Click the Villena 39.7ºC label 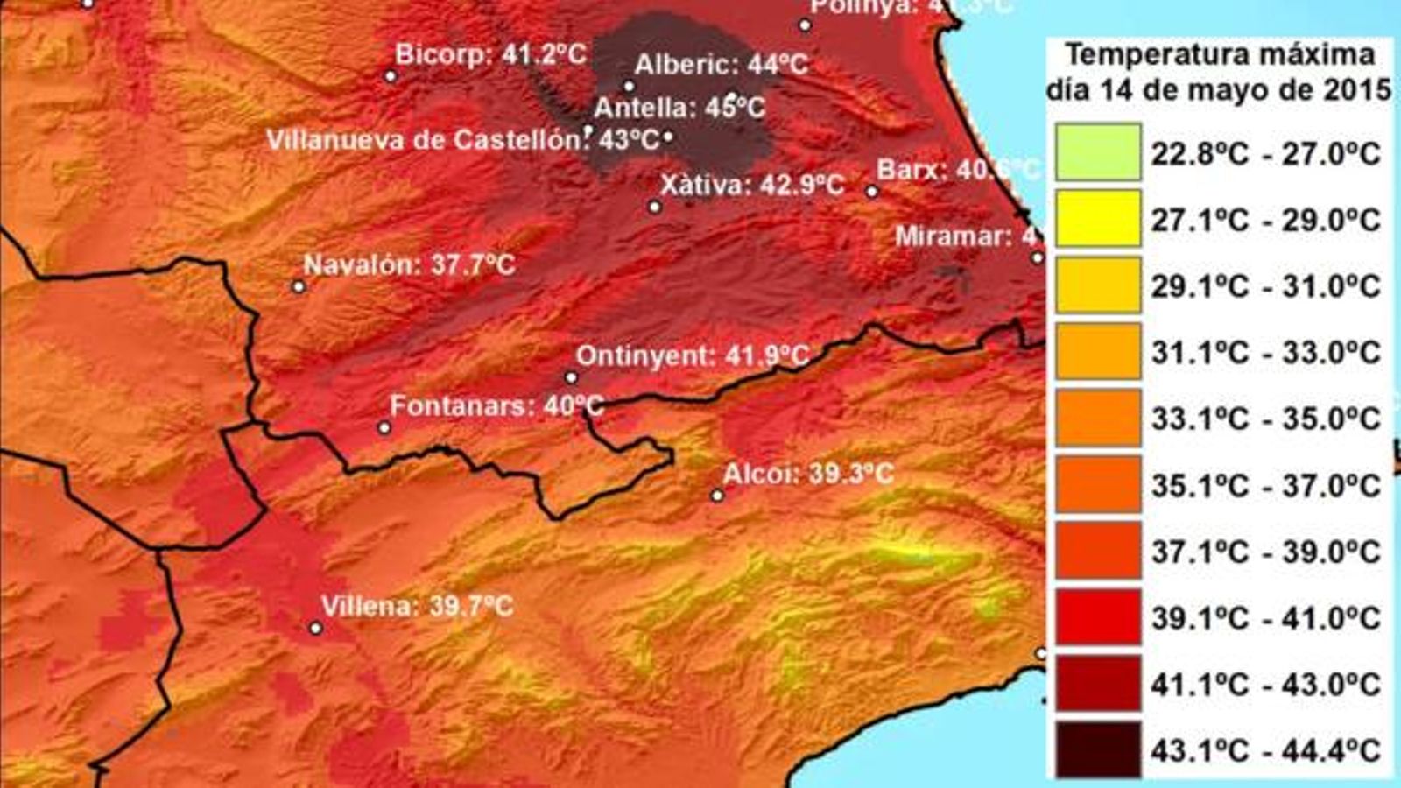coord(417,606)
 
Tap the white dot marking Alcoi coord(717,496)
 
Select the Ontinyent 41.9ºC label coord(692,356)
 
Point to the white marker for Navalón coord(299,286)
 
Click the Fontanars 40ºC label coord(496,406)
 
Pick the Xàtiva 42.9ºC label coord(751,186)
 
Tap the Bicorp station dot coord(391,76)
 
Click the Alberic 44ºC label coord(721,65)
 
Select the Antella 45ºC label coord(679,108)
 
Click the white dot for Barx coord(872,192)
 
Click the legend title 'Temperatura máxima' coord(1220,55)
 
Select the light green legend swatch coord(1098,152)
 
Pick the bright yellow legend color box coord(1098,219)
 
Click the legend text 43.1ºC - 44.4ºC coord(1265,750)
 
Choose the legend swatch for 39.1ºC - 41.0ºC coord(1098,617)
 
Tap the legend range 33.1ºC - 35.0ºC coord(1265,419)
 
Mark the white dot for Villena coord(316,628)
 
